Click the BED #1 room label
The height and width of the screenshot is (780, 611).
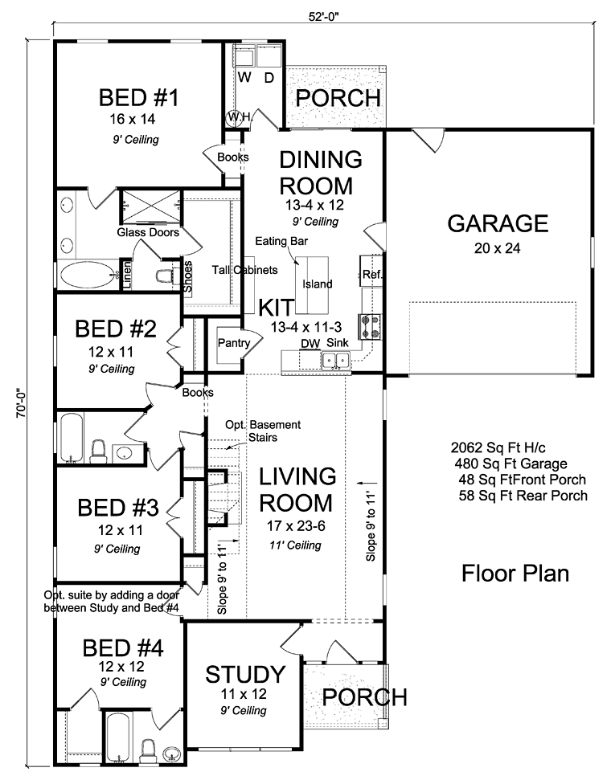138,97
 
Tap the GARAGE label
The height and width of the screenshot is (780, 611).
498,223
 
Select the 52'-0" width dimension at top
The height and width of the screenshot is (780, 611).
324,16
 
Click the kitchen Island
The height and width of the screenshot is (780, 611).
312,285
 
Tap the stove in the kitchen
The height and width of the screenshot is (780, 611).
370,326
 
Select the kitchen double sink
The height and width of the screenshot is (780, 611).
335,360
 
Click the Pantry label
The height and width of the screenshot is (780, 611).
233,343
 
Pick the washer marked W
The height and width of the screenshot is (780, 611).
244,58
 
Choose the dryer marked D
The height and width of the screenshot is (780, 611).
269,58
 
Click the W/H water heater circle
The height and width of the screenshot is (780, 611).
233,117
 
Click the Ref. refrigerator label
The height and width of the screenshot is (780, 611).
371,274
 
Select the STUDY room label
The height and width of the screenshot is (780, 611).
245,674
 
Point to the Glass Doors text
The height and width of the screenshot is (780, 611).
148,232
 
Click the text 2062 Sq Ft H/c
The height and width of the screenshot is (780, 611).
498,447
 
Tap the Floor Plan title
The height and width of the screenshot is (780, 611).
515,573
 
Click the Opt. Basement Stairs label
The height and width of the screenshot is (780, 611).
262,431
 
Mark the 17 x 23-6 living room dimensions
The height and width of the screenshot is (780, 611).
296,525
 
